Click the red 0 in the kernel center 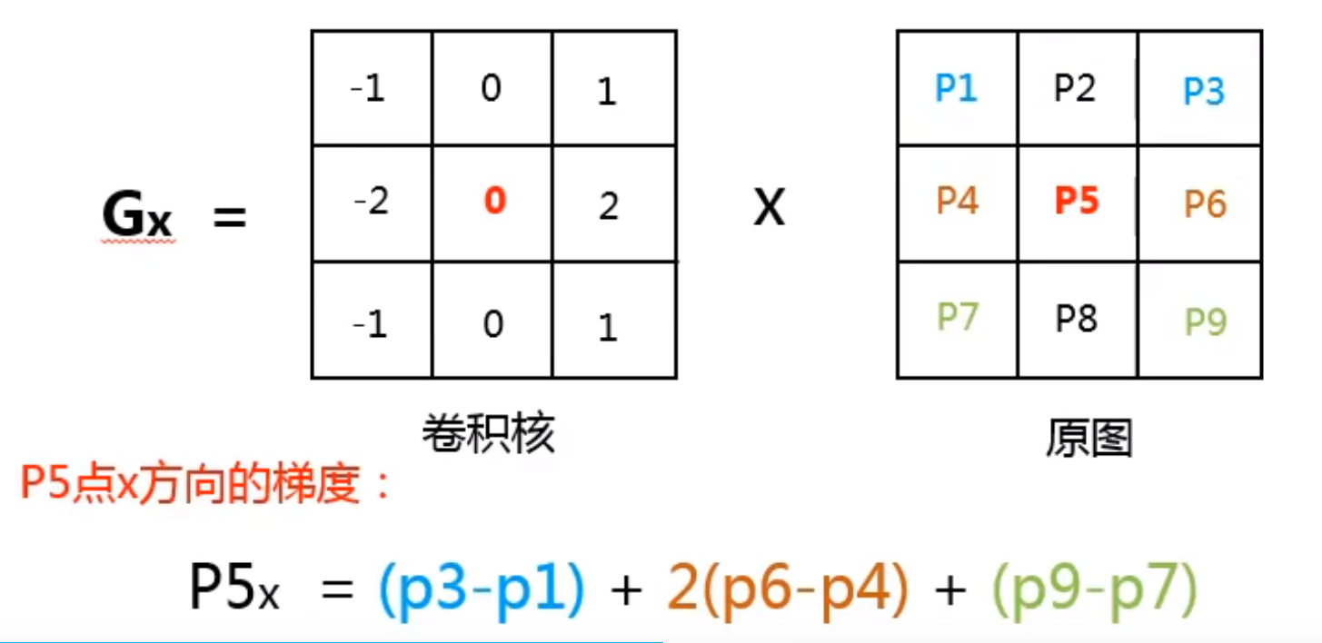click(x=493, y=201)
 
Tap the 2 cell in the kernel click(x=609, y=206)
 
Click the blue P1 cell click(x=957, y=89)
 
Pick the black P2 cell click(x=1076, y=88)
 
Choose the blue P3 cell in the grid click(x=1204, y=91)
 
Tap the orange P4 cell click(x=957, y=201)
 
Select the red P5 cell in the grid click(x=1077, y=201)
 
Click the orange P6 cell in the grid click(x=1205, y=204)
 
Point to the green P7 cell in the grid click(x=957, y=317)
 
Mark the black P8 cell click(x=1077, y=318)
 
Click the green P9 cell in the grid click(x=1205, y=321)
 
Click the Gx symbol click(x=136, y=216)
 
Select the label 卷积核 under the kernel click(x=488, y=436)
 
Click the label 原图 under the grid click(x=1088, y=440)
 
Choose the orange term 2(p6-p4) click(x=787, y=589)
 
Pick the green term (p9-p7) click(x=1093, y=589)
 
